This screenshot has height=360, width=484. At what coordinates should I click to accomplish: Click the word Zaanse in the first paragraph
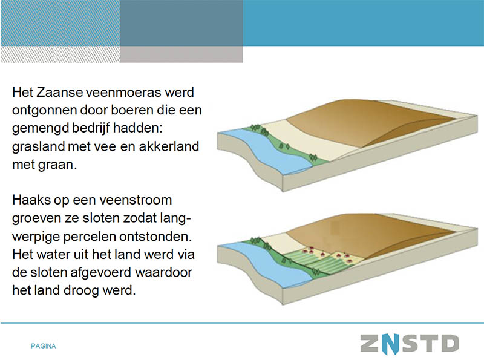pyautogui.click(x=59, y=92)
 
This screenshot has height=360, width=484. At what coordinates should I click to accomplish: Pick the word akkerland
pyautogui.click(x=169, y=146)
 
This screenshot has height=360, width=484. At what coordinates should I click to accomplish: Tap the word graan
pyautogui.click(x=57, y=165)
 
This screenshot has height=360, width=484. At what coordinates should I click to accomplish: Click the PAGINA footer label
pyautogui.click(x=44, y=346)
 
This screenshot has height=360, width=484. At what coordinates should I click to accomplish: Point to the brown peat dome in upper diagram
pyautogui.click(x=367, y=122)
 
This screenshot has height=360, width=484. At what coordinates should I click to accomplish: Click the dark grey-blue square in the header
pyautogui.click(x=181, y=23)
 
